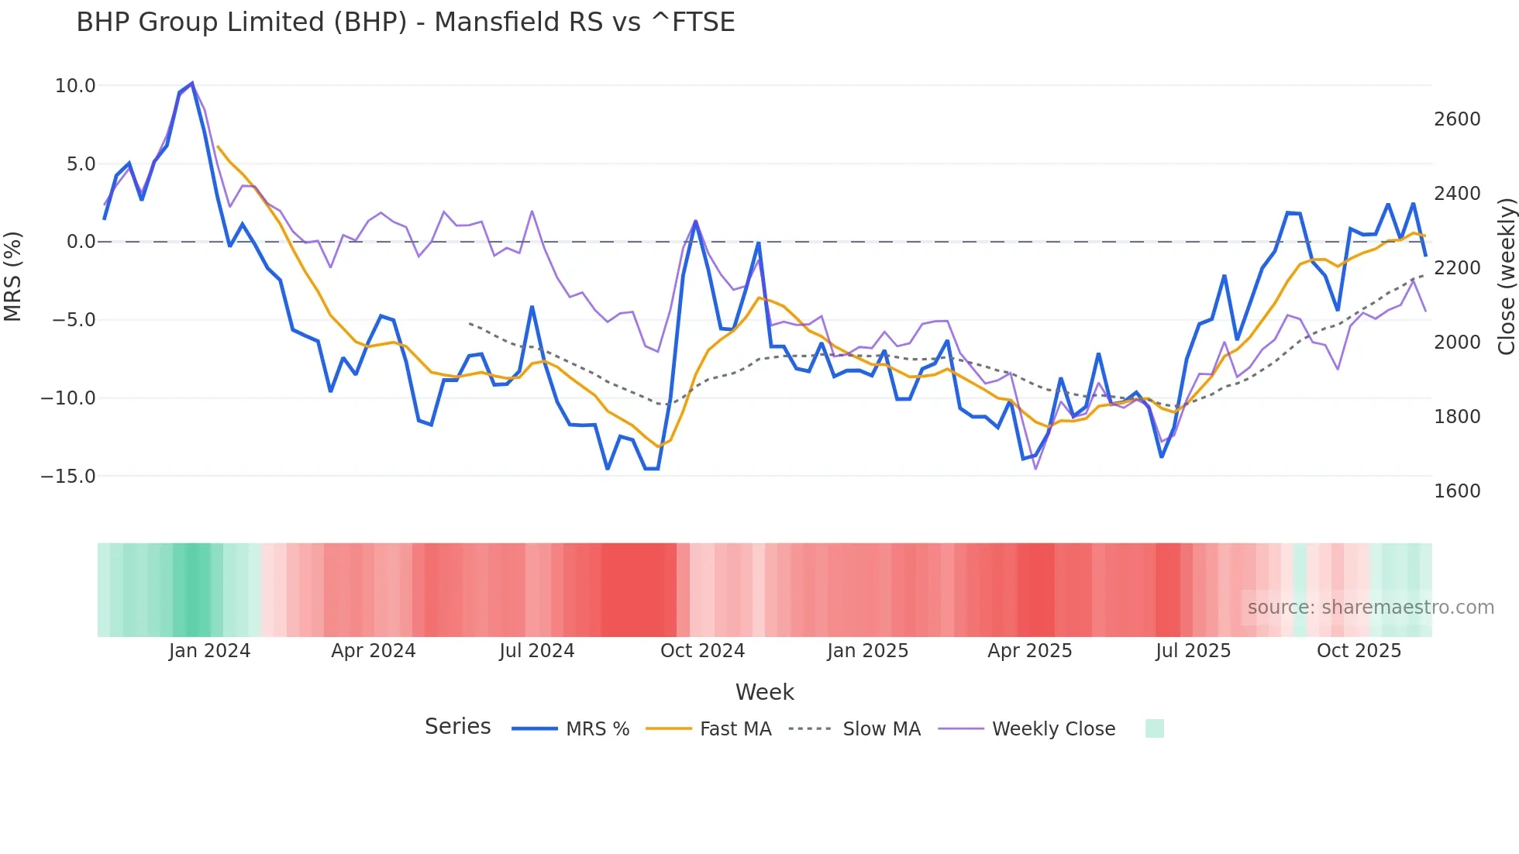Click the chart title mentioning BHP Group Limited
click(405, 22)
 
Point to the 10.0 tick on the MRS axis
click(75, 86)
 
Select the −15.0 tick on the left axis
click(68, 477)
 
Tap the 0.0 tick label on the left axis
click(81, 242)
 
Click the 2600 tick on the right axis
click(1457, 119)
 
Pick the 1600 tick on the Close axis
click(1457, 491)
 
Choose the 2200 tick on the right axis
click(1457, 268)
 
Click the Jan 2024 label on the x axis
click(209, 651)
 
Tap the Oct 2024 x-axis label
click(702, 651)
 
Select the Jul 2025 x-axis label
click(1193, 651)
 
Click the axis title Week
click(764, 692)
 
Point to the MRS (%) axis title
click(13, 276)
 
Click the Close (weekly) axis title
click(1506, 276)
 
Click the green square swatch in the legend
click(1154, 728)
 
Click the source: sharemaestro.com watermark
click(1370, 608)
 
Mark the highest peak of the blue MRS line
click(191, 83)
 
